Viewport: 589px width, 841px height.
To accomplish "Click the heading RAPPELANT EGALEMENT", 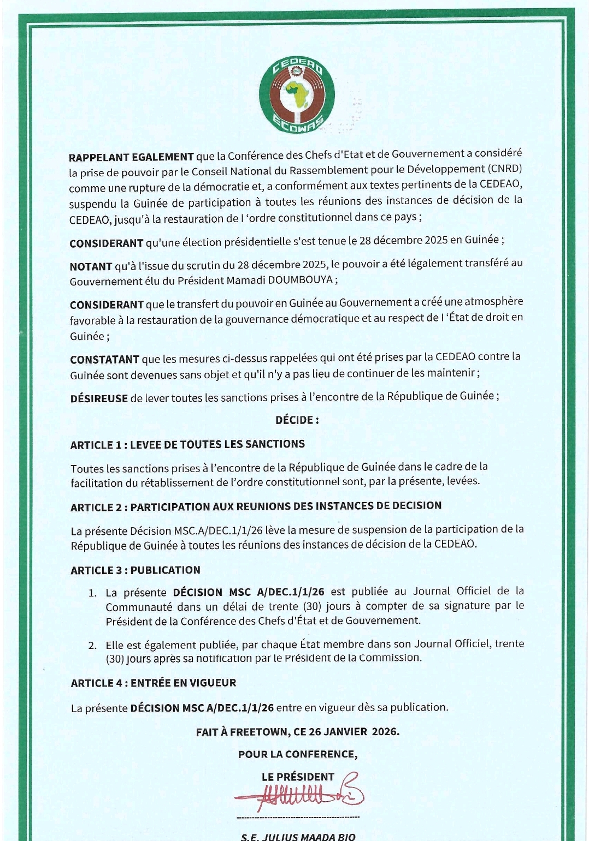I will [x=131, y=157].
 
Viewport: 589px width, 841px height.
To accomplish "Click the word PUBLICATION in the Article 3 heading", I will [x=166, y=570].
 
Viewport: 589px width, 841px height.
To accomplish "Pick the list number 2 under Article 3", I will [x=92, y=646].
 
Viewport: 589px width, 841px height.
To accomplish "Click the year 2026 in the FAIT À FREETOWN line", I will [x=385, y=731].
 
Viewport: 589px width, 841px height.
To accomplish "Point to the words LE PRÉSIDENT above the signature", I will [x=298, y=777].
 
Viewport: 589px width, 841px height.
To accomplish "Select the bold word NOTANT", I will [x=91, y=267].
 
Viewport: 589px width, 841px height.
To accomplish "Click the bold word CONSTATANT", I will [x=104, y=360].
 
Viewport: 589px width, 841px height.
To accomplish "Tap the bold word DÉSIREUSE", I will [x=99, y=398].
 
